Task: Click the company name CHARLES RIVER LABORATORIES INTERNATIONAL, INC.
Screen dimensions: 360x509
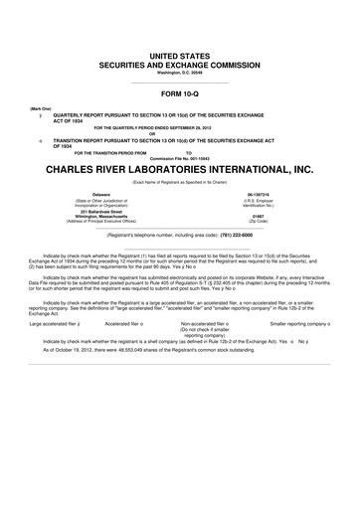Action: click(179, 170)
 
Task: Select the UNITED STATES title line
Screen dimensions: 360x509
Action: click(179, 51)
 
